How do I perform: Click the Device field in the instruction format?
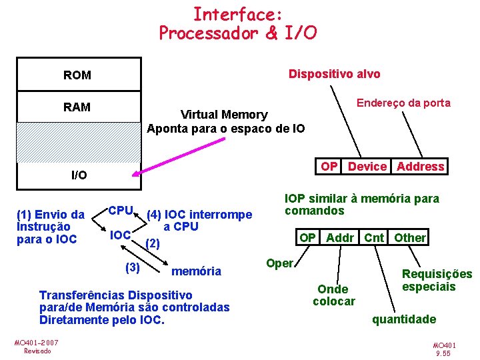coord(367,167)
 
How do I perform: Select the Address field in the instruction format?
coord(420,167)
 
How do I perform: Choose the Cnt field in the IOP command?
coord(374,238)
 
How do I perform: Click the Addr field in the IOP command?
coord(340,238)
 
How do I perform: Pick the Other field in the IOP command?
coord(409,238)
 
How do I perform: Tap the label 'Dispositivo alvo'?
coord(334,74)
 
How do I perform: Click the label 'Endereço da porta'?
coord(403,103)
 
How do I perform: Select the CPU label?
coord(121,211)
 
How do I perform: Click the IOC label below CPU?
coord(119,235)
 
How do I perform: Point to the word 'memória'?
coord(196,271)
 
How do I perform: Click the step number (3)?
coord(133,267)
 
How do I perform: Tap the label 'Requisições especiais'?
coord(437,280)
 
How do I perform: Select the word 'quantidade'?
coord(404,319)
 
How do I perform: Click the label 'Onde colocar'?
coord(333,295)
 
